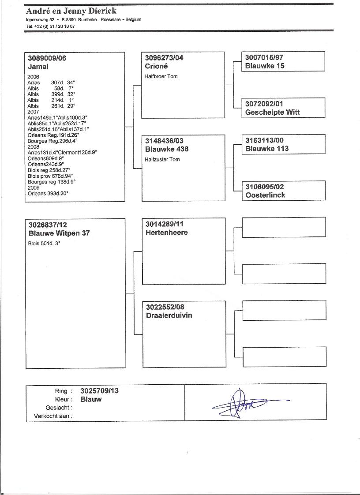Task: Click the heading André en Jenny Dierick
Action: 71,11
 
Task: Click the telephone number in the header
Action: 50,26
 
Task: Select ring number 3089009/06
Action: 47,58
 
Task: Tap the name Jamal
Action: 38,67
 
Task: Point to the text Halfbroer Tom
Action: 161,76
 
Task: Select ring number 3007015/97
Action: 264,57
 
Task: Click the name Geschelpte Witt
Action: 272,112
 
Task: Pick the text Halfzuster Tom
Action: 162,159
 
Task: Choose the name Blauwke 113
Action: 267,149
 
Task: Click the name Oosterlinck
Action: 265,195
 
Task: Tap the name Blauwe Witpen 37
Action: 59,233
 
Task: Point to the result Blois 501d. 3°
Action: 44,243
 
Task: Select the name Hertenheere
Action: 166,232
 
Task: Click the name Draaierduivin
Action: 169,315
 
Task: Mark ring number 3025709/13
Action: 99,391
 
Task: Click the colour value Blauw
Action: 91,399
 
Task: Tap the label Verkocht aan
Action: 53,416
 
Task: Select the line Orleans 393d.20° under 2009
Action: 48,193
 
